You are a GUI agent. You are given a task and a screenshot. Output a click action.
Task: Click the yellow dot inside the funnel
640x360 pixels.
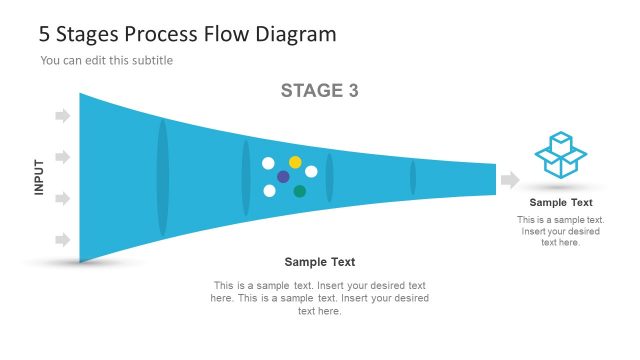(295, 162)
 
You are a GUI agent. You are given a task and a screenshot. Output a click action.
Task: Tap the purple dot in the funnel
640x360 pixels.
(283, 177)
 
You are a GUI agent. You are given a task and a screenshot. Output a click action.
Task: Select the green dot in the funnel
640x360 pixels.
(300, 191)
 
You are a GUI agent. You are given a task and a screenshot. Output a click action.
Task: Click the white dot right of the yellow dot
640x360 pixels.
(311, 172)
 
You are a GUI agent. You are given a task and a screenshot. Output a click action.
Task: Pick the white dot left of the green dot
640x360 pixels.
(269, 190)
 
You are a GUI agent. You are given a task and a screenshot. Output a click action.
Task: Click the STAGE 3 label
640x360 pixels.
(319, 91)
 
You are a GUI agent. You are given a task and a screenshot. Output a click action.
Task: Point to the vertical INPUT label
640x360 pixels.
(40, 178)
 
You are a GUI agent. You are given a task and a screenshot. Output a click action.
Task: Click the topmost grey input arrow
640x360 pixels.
(62, 116)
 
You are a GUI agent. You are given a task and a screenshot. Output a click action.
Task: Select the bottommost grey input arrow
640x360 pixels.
(62, 240)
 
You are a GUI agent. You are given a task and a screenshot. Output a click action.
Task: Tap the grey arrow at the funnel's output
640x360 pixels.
(510, 180)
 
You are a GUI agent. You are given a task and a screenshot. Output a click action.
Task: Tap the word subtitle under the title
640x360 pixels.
(152, 61)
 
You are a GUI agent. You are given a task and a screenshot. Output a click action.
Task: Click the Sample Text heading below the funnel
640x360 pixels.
(320, 262)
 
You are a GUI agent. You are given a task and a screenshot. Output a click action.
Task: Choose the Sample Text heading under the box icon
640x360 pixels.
(561, 203)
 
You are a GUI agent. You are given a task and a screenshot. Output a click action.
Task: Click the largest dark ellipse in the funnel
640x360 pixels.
(163, 178)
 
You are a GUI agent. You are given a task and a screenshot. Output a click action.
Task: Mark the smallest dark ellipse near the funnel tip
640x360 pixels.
(412, 178)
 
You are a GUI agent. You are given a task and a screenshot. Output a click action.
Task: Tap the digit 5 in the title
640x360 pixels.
(45, 34)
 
